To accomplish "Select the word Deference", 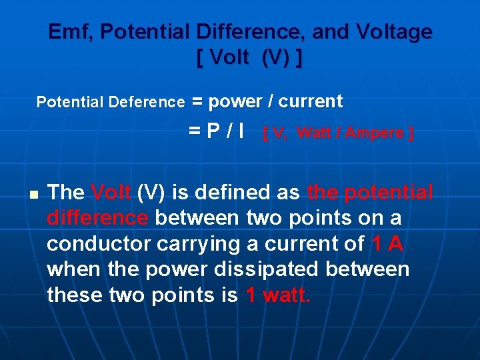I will coord(146,102).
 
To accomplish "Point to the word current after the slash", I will coord(311,101).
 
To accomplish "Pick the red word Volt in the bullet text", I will coord(111,193).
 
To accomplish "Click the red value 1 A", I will coord(387,244).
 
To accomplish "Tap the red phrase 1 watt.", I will coord(278,295).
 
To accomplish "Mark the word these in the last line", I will coord(75,295).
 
